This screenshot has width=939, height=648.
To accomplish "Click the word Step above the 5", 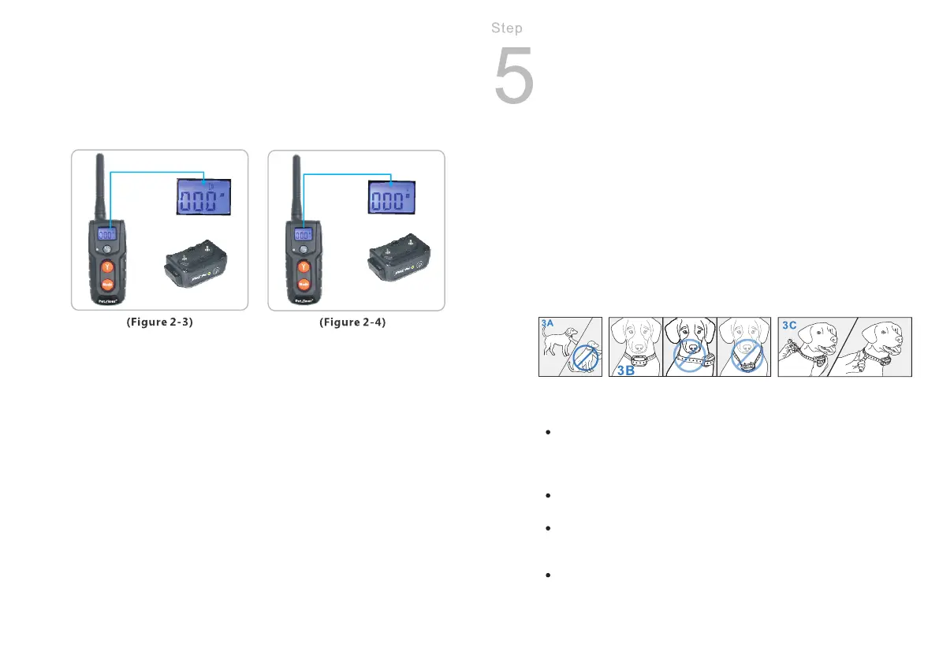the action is click(506, 28).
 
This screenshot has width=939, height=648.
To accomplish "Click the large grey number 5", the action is click(513, 76).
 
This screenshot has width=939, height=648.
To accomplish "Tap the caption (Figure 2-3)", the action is click(161, 323).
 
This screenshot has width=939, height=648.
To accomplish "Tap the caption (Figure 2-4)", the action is click(352, 323).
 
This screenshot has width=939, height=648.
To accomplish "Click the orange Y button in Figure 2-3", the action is click(106, 267).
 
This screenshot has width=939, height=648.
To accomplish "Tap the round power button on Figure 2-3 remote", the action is click(106, 250).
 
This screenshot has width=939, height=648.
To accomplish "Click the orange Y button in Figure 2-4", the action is click(304, 267).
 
